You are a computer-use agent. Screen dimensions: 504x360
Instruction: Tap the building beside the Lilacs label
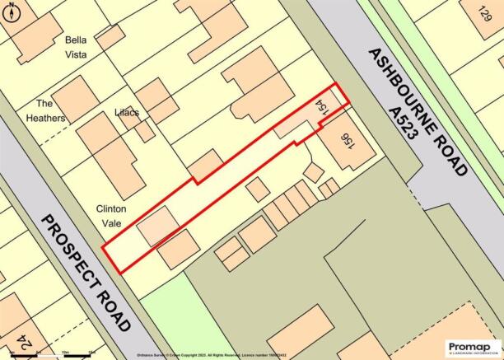(x=157, y=100)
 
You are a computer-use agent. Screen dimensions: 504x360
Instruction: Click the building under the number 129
(x=461, y=33)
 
